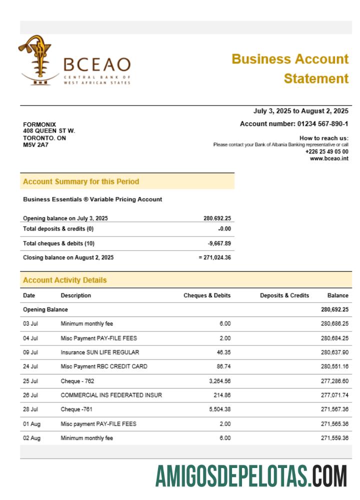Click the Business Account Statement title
(x=290, y=68)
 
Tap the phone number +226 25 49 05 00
(x=326, y=151)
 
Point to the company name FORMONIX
(x=39, y=124)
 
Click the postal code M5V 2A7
(x=33, y=145)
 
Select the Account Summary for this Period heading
(x=81, y=181)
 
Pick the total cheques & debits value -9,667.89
(x=219, y=243)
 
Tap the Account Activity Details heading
(x=65, y=280)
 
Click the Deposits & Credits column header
(x=284, y=295)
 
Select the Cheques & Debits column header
(x=207, y=295)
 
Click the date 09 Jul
(x=30, y=352)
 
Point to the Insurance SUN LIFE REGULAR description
(x=100, y=352)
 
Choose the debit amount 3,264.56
(x=218, y=381)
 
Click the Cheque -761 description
(x=77, y=409)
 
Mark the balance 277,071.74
(x=334, y=395)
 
